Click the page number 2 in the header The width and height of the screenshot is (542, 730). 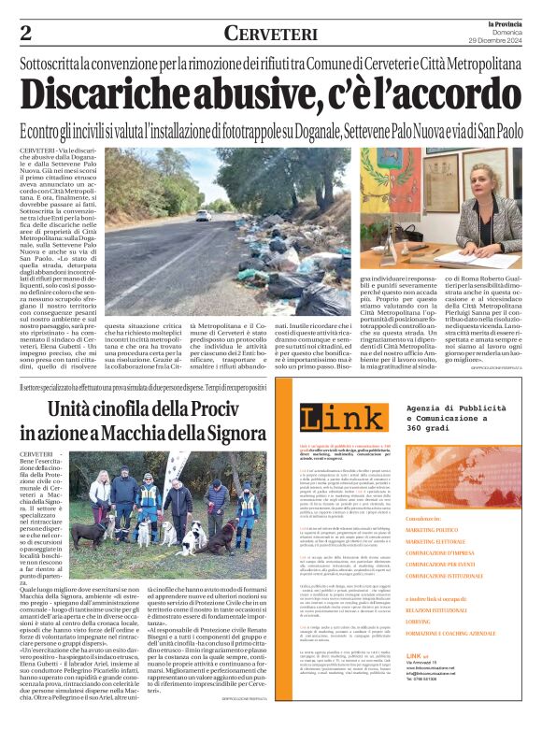[26, 32]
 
